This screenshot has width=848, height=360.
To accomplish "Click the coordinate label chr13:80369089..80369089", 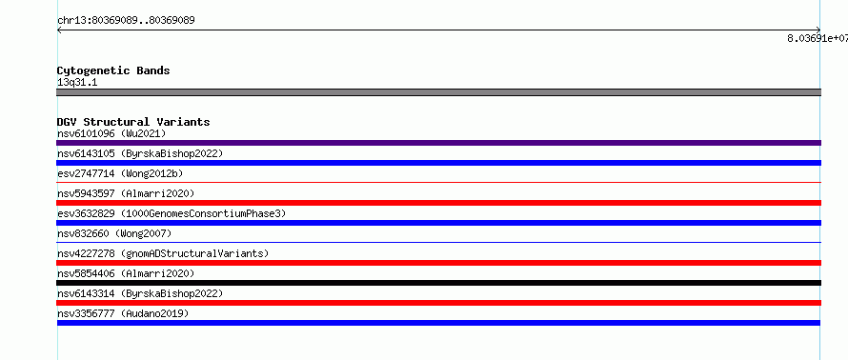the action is (x=126, y=21).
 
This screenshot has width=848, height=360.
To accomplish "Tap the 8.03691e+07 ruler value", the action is (x=818, y=38).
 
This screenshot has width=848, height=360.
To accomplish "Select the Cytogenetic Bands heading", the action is (x=113, y=70).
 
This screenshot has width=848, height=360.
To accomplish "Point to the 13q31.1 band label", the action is (x=77, y=83).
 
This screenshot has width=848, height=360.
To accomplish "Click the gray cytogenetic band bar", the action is (x=438, y=92).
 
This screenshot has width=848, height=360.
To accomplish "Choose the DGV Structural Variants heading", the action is (x=133, y=122).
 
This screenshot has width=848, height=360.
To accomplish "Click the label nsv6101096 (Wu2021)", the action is (x=111, y=133).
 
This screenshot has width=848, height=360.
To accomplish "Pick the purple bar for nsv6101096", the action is (x=438, y=143).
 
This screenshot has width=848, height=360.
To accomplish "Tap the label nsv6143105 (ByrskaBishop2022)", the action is (x=140, y=153).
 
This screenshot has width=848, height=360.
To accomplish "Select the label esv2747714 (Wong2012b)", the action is (x=120, y=173).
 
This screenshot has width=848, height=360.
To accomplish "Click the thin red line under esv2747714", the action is (x=438, y=183).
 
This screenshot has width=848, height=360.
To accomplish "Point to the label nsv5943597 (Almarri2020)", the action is (x=126, y=193).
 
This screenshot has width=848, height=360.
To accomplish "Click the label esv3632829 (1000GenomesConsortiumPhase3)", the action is (x=172, y=213).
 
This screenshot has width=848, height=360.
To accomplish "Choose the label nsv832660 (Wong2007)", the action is (x=114, y=233).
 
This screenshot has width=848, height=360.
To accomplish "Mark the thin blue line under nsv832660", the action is (x=438, y=243).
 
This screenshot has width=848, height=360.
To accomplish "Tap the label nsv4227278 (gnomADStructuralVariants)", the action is (x=163, y=253).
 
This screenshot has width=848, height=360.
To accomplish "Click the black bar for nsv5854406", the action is (x=438, y=283).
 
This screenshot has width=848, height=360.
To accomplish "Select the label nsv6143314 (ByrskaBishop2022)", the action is (x=140, y=293).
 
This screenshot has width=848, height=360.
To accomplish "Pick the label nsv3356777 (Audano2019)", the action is (x=123, y=313).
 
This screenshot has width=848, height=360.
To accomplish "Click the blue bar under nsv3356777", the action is (x=438, y=323).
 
